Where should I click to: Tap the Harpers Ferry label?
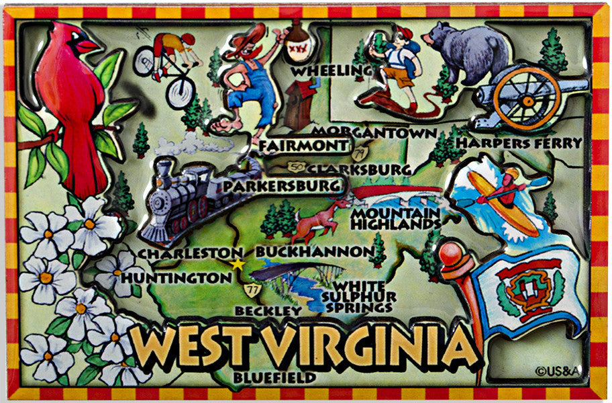point(518,142)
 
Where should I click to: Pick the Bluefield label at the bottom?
point(266,378)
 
